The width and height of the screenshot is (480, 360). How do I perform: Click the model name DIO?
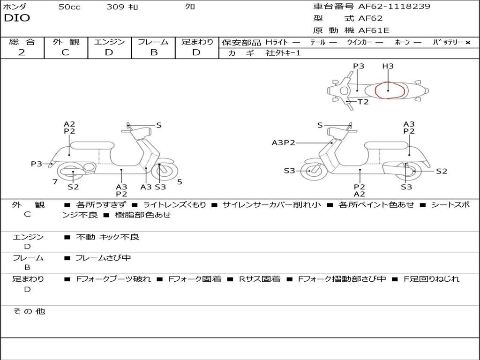(x=17, y=18)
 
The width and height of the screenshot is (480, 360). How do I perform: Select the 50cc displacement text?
(x=69, y=7)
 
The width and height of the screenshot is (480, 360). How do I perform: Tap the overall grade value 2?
(x=22, y=52)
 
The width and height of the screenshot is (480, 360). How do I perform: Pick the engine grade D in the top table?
(x=109, y=52)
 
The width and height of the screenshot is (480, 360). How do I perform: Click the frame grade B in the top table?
(x=153, y=52)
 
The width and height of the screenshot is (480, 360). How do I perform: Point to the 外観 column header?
(x=66, y=42)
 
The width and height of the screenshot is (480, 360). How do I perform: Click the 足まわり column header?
(x=197, y=42)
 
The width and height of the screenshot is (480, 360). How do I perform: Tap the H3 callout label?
(x=388, y=67)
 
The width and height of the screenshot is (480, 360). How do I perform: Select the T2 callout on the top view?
(x=363, y=102)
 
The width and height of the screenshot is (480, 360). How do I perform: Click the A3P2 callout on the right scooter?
(x=284, y=143)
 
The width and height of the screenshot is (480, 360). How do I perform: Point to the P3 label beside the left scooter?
(x=37, y=164)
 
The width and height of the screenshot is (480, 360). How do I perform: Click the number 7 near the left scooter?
(x=55, y=181)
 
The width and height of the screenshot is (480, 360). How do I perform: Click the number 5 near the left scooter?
(x=180, y=181)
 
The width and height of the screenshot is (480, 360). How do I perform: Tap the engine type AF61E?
(x=374, y=30)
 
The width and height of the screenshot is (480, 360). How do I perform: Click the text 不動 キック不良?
(x=107, y=237)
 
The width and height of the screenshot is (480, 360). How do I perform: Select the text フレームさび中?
(x=103, y=258)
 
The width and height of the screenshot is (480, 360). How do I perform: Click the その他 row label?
(x=29, y=311)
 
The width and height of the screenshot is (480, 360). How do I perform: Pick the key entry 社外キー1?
(x=283, y=53)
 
